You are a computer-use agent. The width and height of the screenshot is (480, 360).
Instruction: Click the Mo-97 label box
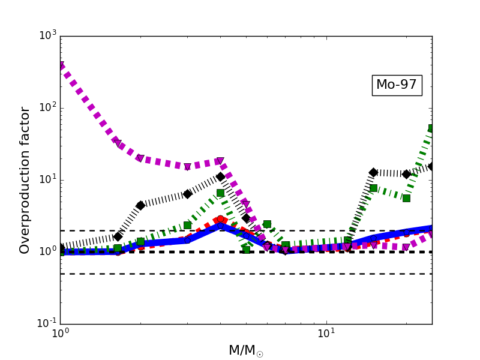[397, 85]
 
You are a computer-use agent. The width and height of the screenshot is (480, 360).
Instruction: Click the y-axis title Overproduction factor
[25, 180]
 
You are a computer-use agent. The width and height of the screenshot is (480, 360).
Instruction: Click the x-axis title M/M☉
[245, 351]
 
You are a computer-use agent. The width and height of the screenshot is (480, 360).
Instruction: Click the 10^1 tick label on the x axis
[326, 335]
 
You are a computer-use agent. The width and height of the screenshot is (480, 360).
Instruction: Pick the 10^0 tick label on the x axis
[60, 335]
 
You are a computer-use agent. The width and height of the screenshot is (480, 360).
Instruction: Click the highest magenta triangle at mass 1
[61, 65]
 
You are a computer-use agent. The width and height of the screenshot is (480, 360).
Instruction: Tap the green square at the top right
[431, 128]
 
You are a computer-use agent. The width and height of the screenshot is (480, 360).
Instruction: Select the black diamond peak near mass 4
[220, 177]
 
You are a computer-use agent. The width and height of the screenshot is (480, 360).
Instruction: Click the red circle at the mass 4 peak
[220, 219]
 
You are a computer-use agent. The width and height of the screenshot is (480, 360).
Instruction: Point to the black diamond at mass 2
[140, 205]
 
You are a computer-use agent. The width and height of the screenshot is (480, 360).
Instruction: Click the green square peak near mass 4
[220, 193]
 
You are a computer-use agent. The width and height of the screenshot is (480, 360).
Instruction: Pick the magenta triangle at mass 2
[140, 158]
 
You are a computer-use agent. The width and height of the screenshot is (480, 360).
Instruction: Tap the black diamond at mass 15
[373, 172]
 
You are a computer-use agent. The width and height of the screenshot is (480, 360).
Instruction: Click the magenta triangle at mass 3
[187, 167]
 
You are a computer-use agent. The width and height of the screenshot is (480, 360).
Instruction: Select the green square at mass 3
[187, 225]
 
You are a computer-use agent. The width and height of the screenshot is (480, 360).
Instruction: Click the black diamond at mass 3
[187, 194]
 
